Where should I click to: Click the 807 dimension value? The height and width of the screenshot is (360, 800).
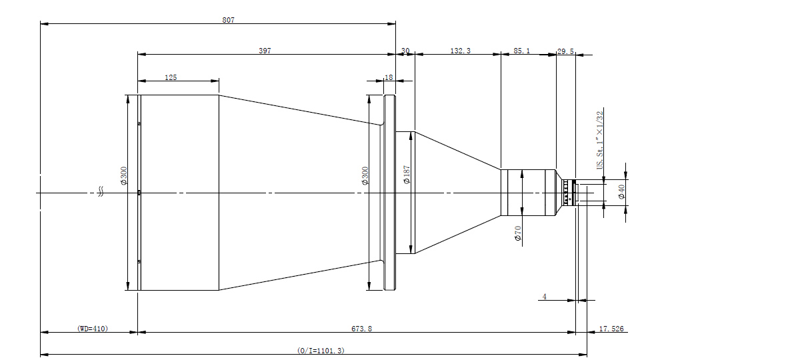click(x=229, y=20)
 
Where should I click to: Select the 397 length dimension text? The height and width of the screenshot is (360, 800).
click(x=265, y=51)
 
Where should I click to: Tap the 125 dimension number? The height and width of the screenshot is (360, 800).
click(x=171, y=77)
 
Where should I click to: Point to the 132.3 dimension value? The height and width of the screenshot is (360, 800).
click(x=461, y=51)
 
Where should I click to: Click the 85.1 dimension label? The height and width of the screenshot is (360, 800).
click(x=522, y=51)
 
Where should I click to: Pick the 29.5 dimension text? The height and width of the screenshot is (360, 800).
click(x=566, y=51)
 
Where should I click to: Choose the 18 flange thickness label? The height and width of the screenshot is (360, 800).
click(x=389, y=77)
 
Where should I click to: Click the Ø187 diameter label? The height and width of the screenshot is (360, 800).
click(x=407, y=175)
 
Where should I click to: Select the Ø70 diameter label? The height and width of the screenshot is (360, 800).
click(x=518, y=233)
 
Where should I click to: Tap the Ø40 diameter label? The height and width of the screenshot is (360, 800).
click(x=621, y=192)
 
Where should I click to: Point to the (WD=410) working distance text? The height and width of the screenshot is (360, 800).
click(x=93, y=329)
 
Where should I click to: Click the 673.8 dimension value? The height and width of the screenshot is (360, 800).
click(x=361, y=329)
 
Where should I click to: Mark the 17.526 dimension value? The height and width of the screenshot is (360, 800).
click(x=611, y=329)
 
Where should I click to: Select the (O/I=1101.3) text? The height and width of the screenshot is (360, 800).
click(x=321, y=351)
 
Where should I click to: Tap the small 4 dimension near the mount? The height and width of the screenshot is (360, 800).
click(x=544, y=297)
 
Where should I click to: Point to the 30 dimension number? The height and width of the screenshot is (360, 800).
click(x=405, y=51)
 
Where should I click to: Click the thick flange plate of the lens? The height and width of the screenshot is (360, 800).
click(x=389, y=193)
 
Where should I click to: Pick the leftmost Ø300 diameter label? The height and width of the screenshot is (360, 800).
click(x=124, y=176)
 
